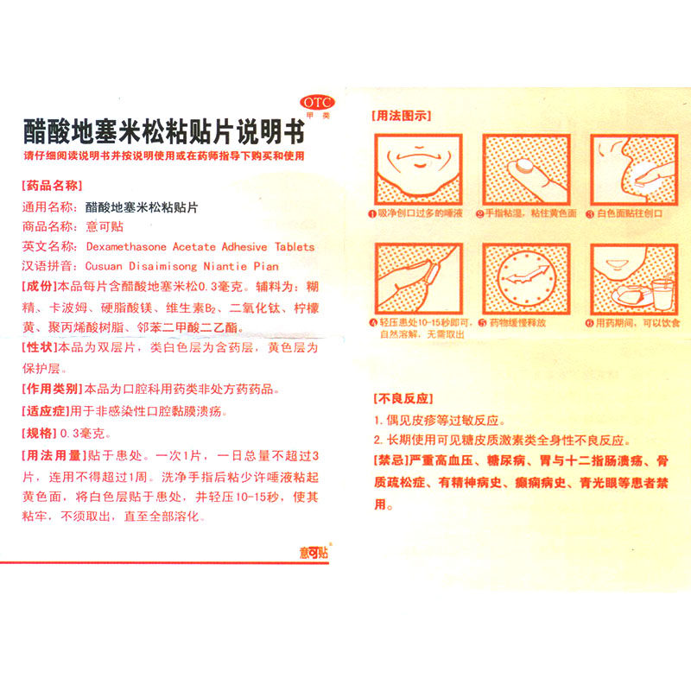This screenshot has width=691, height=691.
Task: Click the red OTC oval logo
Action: (317, 103)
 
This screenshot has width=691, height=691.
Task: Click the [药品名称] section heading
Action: (52, 186)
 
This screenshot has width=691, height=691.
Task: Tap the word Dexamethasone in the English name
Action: (126, 247)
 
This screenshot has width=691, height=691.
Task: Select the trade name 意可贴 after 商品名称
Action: (105, 226)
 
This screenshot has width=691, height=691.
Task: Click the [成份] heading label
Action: (39, 287)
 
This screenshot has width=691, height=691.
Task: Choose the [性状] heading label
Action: (39, 347)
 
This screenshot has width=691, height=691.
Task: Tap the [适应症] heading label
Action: (46, 411)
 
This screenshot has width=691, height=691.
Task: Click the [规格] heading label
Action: (39, 434)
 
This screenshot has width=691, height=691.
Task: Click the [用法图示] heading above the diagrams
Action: (401, 116)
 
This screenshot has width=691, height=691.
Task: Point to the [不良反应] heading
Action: (403, 399)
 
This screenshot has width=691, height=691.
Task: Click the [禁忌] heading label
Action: (391, 460)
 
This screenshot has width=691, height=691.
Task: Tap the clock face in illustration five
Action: (526, 278)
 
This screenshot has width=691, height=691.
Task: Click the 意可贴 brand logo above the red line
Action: (314, 552)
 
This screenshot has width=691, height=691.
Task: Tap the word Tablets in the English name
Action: (295, 247)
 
